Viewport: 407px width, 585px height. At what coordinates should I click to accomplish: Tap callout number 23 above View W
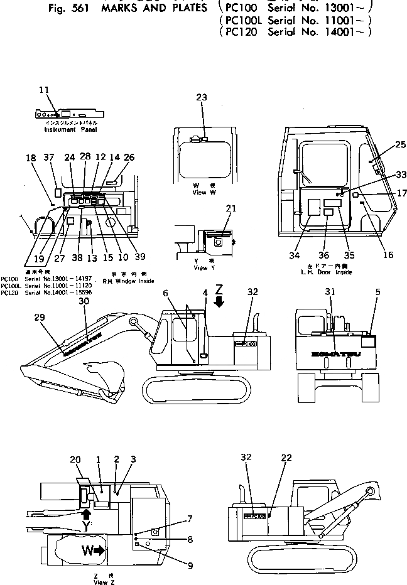[x=201, y=97]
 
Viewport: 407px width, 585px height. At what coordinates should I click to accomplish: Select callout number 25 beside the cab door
[x=384, y=145]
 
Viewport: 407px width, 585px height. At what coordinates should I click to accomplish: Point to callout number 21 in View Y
[x=231, y=208]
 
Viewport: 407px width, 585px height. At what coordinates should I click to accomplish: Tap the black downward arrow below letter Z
[x=219, y=302]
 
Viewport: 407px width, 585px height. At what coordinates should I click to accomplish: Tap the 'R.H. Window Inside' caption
[x=128, y=282]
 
